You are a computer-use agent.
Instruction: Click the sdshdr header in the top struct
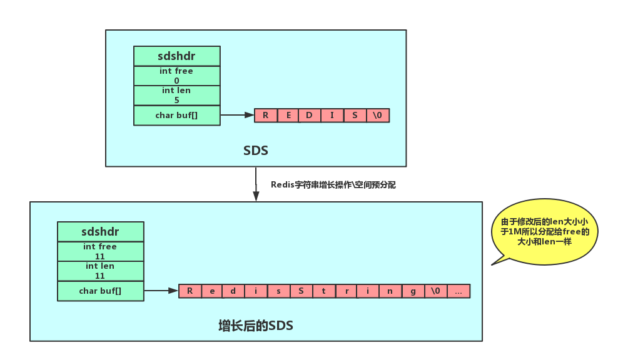(x=177, y=56)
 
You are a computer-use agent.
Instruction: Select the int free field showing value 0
(x=177, y=76)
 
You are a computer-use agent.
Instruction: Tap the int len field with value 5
(x=177, y=96)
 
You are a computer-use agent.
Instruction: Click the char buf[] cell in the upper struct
(x=177, y=116)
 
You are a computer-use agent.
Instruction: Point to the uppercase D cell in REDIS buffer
(x=310, y=116)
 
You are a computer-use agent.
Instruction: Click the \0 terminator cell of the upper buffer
(x=378, y=116)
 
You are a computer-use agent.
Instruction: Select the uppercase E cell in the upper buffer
(x=288, y=116)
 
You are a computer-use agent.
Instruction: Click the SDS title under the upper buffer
(x=256, y=151)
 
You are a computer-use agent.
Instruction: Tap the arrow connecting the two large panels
(x=256, y=184)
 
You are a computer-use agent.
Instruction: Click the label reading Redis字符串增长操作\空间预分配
(x=333, y=185)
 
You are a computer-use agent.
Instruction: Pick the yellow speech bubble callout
(x=544, y=232)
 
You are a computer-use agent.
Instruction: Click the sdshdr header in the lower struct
(x=101, y=232)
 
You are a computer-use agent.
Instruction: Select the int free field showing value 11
(x=101, y=251)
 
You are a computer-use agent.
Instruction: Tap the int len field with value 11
(x=101, y=271)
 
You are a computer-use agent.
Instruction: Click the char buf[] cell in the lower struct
(x=101, y=291)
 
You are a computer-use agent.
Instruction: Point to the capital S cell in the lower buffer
(x=301, y=291)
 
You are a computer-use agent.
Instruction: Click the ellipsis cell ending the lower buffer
(x=458, y=291)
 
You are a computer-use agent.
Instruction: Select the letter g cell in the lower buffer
(x=413, y=291)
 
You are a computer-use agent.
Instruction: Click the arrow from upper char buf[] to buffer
(x=237, y=115)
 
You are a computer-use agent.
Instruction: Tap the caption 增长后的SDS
(x=256, y=326)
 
